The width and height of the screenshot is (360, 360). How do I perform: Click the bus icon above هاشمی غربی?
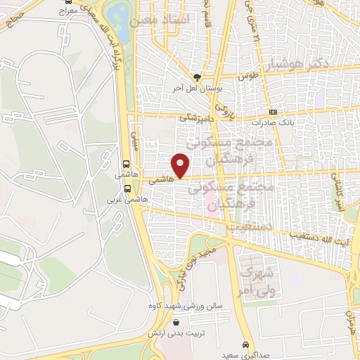pyautogui.click(x=127, y=188)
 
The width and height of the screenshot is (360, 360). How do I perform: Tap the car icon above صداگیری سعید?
pyautogui.click(x=244, y=345)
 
